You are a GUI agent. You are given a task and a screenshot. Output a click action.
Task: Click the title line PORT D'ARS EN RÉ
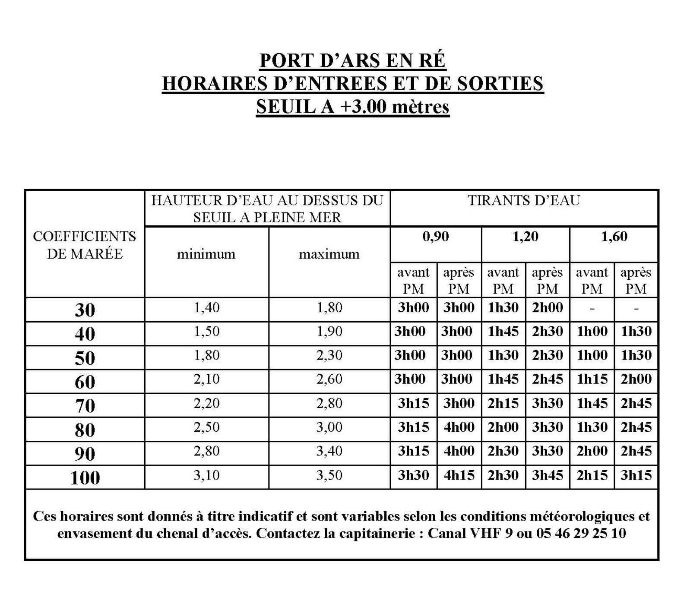click(352, 60)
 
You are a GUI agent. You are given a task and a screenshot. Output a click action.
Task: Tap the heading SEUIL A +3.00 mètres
click(352, 106)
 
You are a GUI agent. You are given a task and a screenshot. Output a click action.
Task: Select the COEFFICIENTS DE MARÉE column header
click(85, 245)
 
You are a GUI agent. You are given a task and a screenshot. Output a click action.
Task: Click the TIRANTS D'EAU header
click(524, 201)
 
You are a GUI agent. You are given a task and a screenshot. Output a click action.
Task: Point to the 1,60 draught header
click(614, 237)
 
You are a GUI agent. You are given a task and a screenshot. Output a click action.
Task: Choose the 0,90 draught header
click(436, 237)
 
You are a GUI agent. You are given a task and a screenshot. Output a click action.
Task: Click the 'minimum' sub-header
click(206, 254)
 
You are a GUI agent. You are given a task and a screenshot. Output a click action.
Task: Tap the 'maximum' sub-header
click(329, 254)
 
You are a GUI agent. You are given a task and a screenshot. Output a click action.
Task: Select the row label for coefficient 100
click(85, 477)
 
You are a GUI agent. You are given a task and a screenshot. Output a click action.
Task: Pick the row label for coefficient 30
click(85, 310)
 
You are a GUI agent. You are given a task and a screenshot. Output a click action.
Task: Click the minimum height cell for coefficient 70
click(206, 403)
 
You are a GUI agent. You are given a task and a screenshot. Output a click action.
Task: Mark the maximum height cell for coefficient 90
click(329, 451)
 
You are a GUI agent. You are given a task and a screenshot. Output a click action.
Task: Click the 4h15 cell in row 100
click(459, 475)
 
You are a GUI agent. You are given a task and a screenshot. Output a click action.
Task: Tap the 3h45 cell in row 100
click(548, 475)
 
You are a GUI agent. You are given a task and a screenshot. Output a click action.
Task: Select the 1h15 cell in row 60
click(592, 379)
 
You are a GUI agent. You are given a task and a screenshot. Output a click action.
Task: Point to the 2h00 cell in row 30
click(548, 307)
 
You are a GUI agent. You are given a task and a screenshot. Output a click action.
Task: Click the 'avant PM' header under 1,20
click(503, 280)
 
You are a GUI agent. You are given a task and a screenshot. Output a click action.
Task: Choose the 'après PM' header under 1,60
click(636, 280)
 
